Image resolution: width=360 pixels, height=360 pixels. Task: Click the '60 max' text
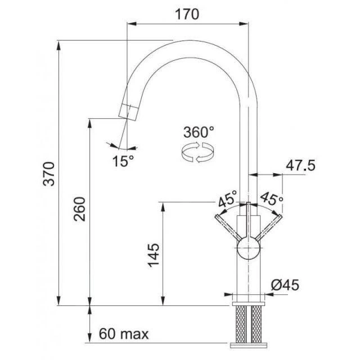click(124, 335)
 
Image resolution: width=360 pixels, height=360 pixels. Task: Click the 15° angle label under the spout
click(123, 161)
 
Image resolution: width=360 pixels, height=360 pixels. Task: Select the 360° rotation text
click(199, 133)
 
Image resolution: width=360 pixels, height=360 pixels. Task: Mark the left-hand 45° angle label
click(228, 199)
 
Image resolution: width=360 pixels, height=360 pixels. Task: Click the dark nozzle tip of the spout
click(129, 111)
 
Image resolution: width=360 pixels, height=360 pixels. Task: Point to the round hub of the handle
click(247, 249)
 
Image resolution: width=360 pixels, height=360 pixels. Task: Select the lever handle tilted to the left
click(227, 229)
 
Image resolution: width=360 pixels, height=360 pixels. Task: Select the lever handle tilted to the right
click(269, 229)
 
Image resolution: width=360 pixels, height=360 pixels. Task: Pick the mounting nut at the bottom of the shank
click(248, 344)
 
